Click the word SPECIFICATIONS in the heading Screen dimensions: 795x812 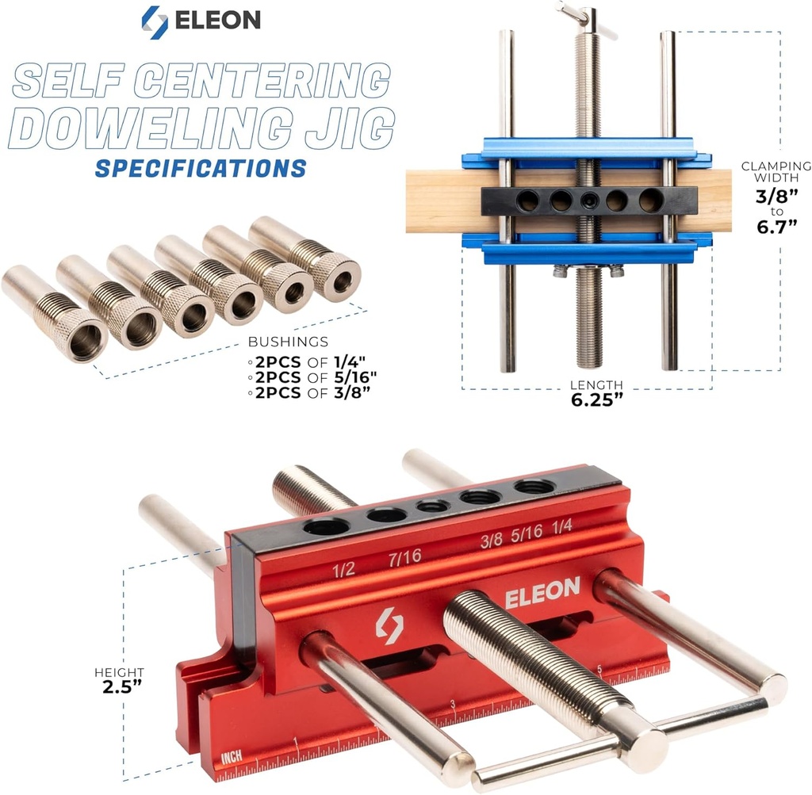click(x=200, y=168)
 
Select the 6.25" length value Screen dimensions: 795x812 click(x=596, y=399)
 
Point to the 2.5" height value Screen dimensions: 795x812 click(x=121, y=686)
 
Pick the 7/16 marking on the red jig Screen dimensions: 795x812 click(x=404, y=558)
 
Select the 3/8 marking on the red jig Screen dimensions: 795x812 click(x=492, y=542)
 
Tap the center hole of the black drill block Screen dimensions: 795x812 click(x=588, y=201)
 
